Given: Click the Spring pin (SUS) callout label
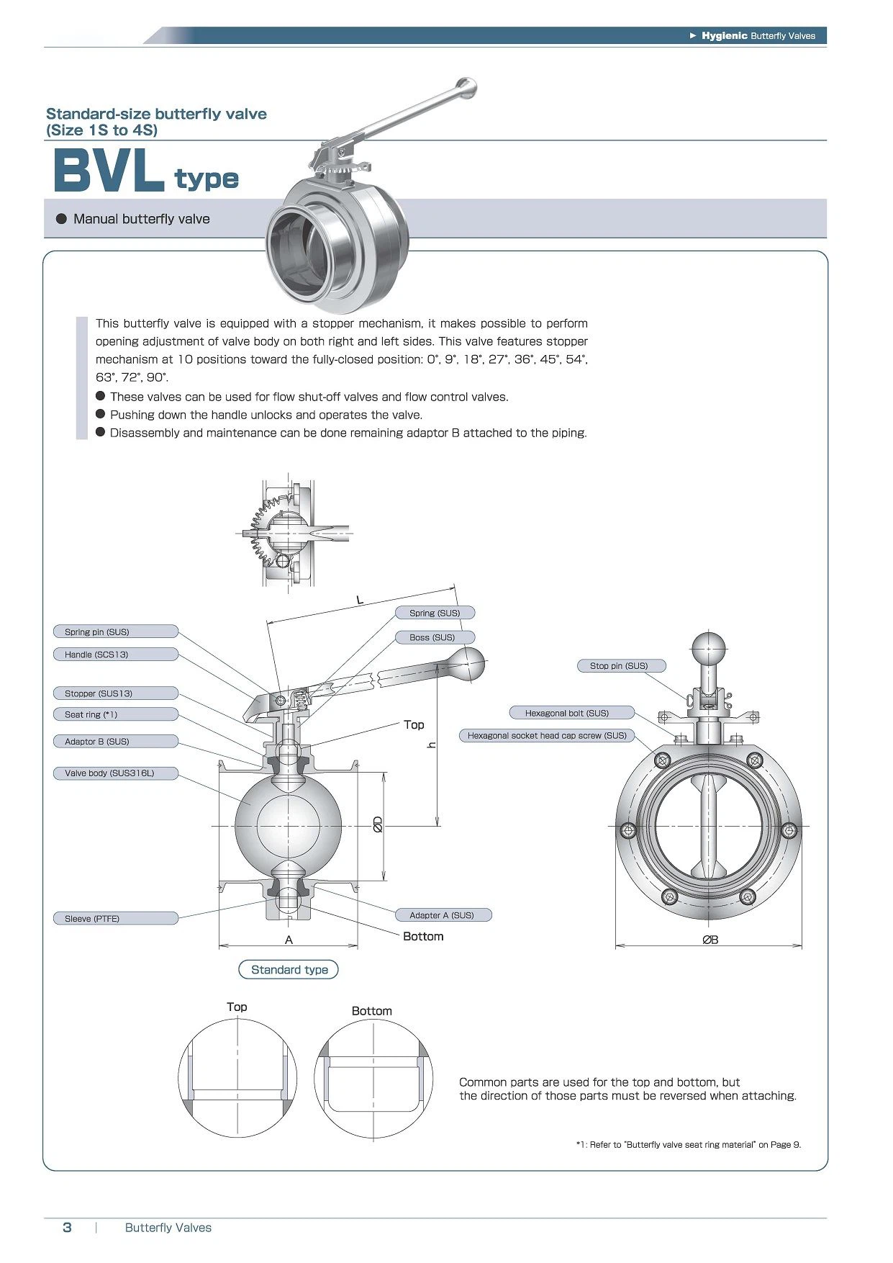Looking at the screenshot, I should coord(115,631).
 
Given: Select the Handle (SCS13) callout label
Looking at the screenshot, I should coord(115,655).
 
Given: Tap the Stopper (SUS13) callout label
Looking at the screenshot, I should coord(115,693).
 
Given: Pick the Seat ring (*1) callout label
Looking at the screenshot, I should coord(115,714).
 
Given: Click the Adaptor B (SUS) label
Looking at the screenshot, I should coord(115,741).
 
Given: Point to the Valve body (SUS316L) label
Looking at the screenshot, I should coord(115,773).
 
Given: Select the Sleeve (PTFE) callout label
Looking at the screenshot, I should coord(115,918).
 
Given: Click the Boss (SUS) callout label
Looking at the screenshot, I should coord(435,637).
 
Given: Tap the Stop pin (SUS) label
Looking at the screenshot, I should coord(621,665).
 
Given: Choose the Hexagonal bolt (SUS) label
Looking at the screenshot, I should coord(571,713).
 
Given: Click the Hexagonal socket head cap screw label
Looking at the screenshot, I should coord(547,735).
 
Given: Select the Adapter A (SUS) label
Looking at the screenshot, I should coord(443,915).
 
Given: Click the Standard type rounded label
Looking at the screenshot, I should coord(289,970).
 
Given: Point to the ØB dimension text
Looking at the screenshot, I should coord(710,940).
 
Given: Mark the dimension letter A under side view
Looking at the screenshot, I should coord(289,940).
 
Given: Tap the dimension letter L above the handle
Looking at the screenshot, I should coord(361,600).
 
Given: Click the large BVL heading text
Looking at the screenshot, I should coord(108,171).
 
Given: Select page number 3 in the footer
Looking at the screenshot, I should coord(67,1228).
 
